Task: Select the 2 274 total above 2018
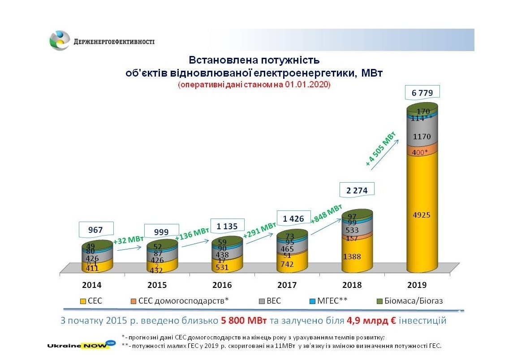pos(357,190)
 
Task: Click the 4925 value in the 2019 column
pos(421,215)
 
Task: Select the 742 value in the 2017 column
pos(288,264)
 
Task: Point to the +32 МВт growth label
pos(129,240)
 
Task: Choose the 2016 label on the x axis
pos(222,285)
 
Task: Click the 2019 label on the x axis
pos(417,285)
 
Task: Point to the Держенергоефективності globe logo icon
pos(60,41)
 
